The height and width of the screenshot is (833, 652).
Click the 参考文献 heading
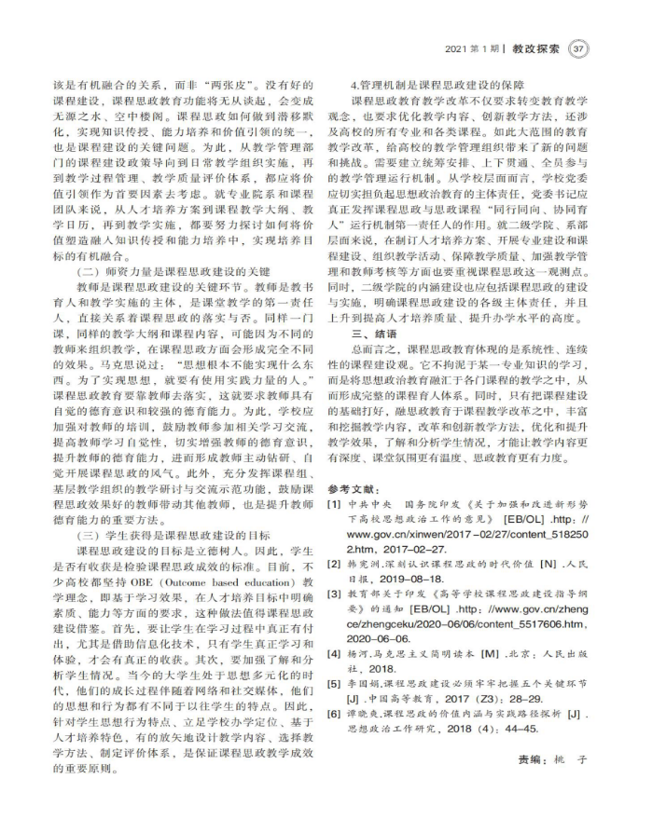point(355,489)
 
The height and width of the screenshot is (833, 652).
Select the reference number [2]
point(333,564)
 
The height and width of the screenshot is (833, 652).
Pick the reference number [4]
point(333,653)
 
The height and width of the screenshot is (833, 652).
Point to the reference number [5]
point(333,683)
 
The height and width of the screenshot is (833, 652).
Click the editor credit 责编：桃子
point(555,760)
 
